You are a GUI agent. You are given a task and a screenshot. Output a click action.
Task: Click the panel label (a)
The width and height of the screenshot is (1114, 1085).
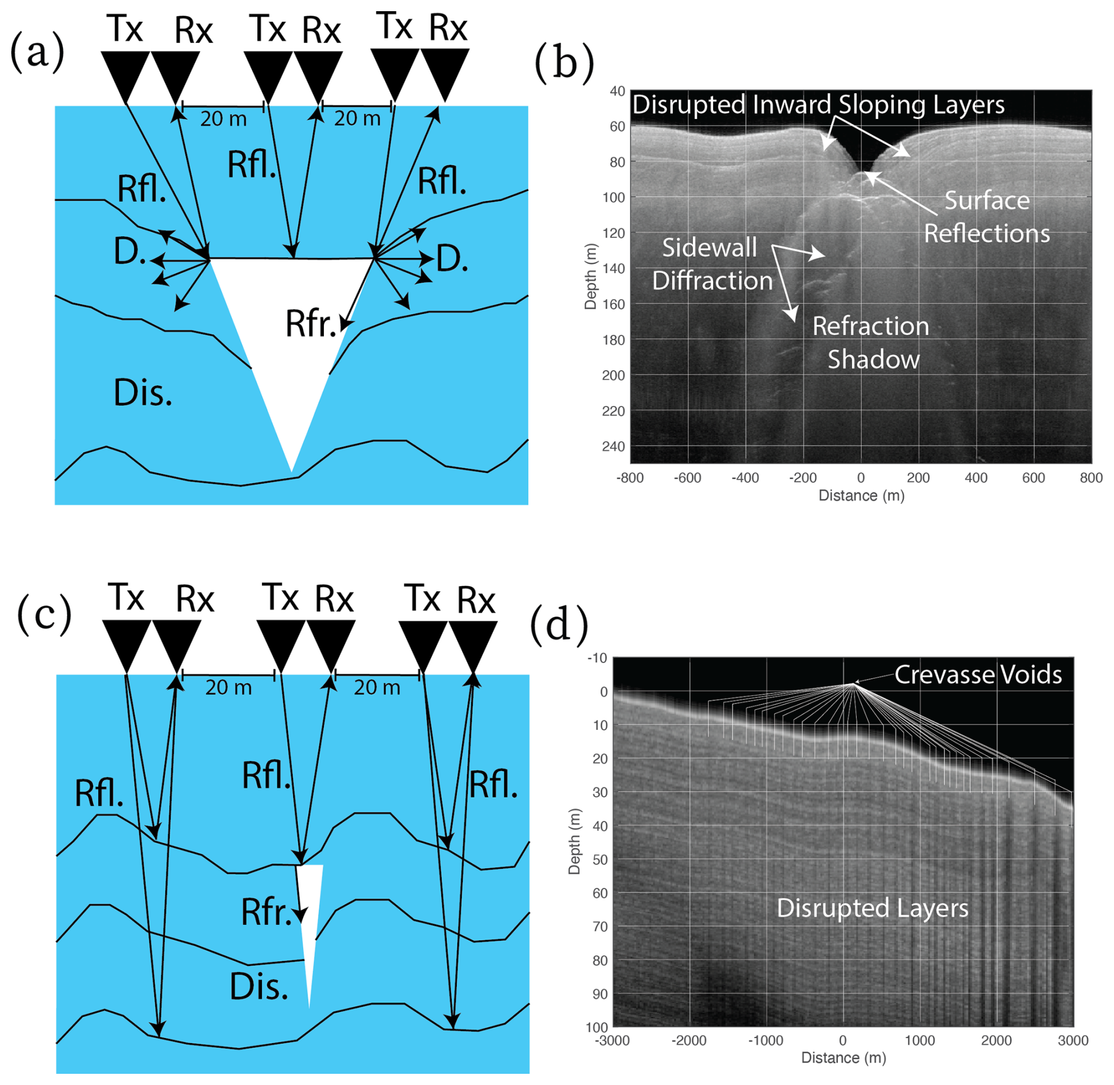(x=37, y=53)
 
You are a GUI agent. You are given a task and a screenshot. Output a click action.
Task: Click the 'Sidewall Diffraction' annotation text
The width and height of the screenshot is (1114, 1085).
(x=711, y=264)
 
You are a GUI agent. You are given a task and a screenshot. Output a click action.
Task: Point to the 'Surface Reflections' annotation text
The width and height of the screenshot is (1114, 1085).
(x=987, y=217)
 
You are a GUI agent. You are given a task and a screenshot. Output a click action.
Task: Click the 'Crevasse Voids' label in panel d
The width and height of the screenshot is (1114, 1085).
(x=978, y=675)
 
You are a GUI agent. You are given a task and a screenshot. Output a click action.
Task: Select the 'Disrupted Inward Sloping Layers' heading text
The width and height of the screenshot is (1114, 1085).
(x=818, y=105)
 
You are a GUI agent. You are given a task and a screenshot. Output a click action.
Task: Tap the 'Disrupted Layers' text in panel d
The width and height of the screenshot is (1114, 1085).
(x=872, y=908)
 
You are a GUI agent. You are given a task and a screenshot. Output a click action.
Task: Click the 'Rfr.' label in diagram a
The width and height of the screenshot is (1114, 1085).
(x=310, y=323)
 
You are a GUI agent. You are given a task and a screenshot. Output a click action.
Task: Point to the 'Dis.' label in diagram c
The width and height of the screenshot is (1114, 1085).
(x=258, y=987)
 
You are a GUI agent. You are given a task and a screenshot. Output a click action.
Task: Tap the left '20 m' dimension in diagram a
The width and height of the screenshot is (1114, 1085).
(x=223, y=119)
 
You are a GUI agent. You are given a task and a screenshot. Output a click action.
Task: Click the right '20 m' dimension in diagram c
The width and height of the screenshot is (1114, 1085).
(x=377, y=687)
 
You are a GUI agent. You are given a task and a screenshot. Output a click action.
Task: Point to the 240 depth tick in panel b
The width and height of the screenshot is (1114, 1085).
(x=613, y=446)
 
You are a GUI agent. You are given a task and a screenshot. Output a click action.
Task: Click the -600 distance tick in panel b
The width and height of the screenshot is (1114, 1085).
(x=687, y=478)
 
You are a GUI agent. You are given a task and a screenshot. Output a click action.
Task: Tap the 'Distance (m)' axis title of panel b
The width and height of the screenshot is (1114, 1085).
(x=861, y=496)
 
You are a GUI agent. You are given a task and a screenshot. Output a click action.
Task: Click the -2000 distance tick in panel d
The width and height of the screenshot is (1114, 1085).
(x=689, y=1041)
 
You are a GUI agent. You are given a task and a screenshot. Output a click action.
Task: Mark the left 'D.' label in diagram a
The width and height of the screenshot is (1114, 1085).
(x=130, y=252)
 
